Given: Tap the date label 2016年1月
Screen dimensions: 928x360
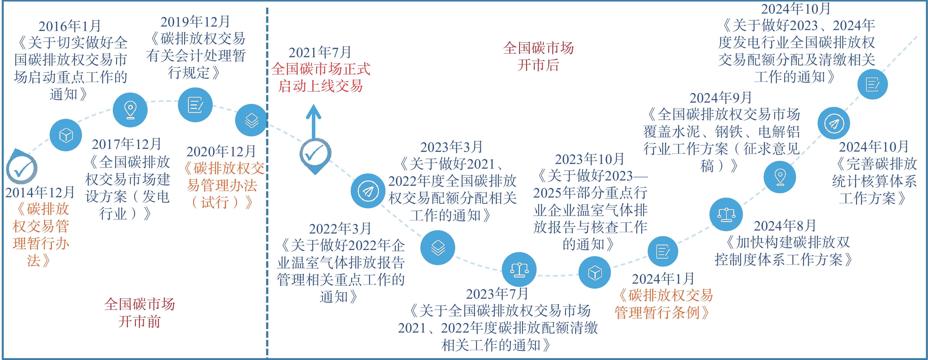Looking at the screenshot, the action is click(70, 26).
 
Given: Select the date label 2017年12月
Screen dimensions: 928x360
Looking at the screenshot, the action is click(126, 144).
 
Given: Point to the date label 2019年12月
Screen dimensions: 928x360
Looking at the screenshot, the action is click(195, 22).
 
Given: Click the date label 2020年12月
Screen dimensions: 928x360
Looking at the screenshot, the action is click(221, 151).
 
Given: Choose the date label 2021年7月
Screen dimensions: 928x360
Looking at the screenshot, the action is click(320, 52).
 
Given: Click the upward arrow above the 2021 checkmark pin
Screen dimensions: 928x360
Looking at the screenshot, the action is click(314, 122).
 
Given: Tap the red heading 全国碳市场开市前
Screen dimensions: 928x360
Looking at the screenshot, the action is click(140, 313).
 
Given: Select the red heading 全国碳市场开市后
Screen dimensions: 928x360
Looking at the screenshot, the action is click(538, 56).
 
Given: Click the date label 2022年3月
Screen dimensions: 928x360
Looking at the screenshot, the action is click(340, 228).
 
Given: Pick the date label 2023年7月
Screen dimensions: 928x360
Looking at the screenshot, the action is click(497, 294).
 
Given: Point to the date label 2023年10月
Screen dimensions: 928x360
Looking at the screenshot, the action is click(590, 159).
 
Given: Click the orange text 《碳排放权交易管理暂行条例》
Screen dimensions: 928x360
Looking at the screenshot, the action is click(663, 304).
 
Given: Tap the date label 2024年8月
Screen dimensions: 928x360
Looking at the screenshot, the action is click(785, 226).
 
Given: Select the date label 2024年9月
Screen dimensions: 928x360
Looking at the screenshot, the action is click(721, 97).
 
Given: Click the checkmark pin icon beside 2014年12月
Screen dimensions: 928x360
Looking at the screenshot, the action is click(22, 167).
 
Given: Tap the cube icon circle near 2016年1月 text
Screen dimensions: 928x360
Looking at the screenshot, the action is click(66, 135).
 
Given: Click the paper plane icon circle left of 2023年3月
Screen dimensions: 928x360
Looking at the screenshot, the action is click(368, 191).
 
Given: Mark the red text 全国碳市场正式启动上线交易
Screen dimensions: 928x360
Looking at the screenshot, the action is click(321, 78).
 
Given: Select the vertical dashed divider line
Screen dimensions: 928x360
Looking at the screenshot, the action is click(267, 183).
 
